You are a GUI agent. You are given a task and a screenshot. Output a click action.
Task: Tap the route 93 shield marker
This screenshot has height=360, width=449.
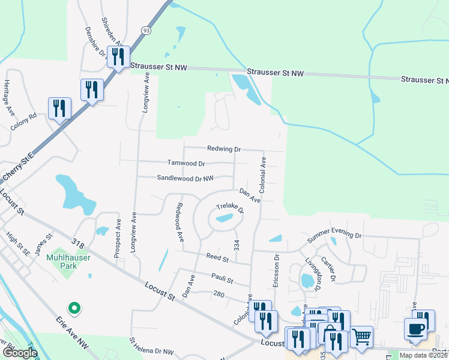coord(146,29)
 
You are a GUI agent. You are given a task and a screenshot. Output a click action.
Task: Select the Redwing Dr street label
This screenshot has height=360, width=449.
coord(224,149)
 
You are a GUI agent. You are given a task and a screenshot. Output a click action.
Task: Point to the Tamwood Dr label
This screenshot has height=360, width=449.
coord(186,163)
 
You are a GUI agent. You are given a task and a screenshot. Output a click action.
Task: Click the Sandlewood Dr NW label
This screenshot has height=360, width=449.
coord(185,178)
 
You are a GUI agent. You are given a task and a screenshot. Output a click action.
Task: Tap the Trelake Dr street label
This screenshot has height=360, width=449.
coord(230,208)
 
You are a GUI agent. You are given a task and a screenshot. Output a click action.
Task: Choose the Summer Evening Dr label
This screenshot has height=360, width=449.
coord(335,236)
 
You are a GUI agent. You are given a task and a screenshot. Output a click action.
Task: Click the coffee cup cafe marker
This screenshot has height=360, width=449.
coord(415,329)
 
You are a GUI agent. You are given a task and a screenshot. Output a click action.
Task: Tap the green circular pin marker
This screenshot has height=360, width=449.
coord(74,308)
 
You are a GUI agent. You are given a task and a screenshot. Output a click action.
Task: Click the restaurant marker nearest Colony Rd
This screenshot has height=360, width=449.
coord(59,109)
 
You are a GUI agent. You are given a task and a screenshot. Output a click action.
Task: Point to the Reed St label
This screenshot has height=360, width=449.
coord(217,258)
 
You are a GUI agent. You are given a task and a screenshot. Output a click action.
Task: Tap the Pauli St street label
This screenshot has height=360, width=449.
coord(221,278)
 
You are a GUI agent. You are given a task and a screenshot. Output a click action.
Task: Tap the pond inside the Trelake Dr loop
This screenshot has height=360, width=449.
coord(224,218)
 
